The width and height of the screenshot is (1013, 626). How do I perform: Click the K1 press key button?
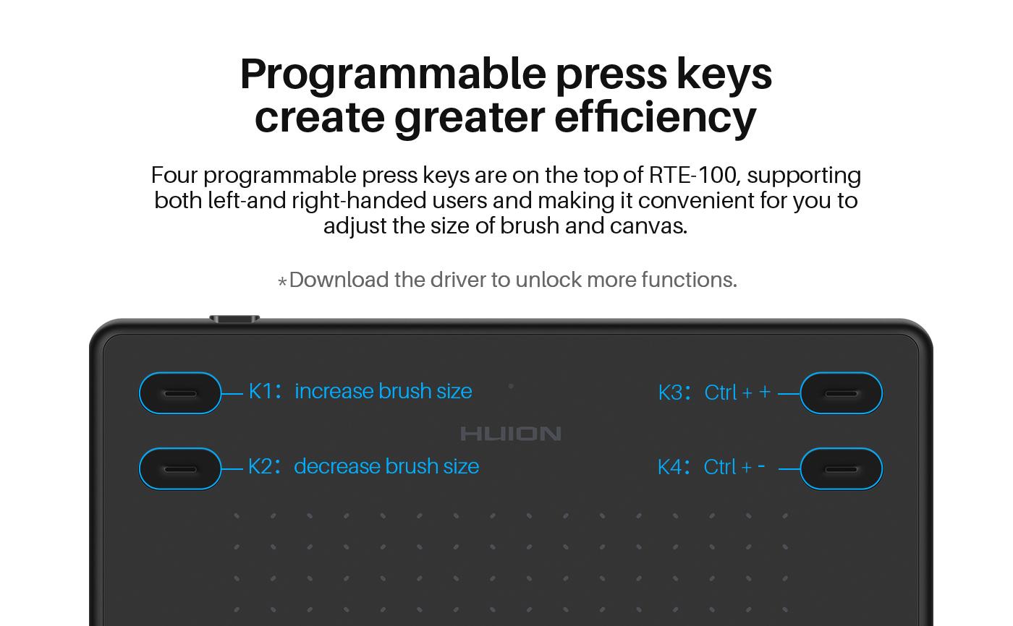click(180, 393)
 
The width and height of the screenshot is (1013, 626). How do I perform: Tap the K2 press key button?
click(180, 469)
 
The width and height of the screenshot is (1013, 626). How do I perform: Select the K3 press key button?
click(841, 393)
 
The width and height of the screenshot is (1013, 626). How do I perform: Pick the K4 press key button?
click(841, 469)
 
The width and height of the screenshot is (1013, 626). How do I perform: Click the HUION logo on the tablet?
click(511, 434)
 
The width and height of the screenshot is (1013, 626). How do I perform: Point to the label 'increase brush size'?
click(383, 391)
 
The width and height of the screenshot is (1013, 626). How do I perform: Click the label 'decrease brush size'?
click(386, 466)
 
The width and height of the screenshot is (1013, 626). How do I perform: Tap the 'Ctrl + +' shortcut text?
click(737, 392)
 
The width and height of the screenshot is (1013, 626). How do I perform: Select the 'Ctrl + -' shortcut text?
click(734, 467)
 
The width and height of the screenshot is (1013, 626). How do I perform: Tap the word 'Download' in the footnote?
click(339, 280)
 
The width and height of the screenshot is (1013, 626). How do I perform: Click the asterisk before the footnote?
click(282, 282)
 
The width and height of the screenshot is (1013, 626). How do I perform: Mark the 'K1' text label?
click(260, 391)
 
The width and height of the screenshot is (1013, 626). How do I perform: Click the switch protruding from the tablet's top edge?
click(234, 318)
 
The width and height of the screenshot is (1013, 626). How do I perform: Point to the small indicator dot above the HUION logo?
click(511, 386)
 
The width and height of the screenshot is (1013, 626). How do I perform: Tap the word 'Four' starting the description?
click(174, 175)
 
